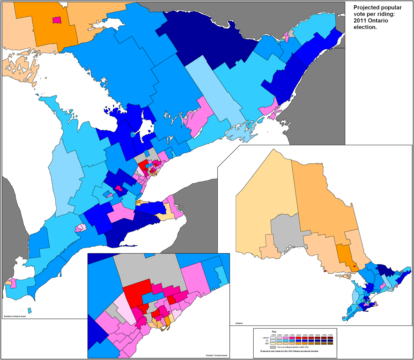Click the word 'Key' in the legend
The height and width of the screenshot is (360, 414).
coord(274,332)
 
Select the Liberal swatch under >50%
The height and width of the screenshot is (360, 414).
coord(298,338)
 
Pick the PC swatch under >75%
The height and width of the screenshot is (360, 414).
coord(330,341)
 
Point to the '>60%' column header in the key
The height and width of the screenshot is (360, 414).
coord(311,335)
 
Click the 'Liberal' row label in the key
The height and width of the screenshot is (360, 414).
coord(266,338)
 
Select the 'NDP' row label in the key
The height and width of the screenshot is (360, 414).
coord(267,343)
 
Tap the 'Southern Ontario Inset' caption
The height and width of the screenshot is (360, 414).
coord(15,316)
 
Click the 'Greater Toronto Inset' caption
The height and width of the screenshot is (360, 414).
coord(217,355)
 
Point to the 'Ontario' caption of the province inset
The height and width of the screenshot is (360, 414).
coord(239,323)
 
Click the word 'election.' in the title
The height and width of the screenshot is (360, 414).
coord(365,27)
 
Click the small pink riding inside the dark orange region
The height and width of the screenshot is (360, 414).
coord(57,20)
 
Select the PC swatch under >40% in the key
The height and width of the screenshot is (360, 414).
coord(286,341)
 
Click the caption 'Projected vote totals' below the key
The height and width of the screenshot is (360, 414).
coord(289,351)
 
